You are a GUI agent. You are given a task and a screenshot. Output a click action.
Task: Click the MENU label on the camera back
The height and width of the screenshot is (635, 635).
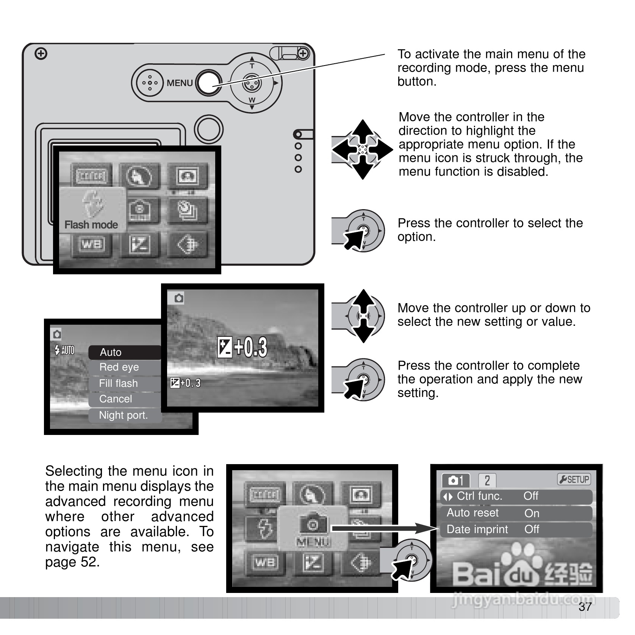(x=180, y=83)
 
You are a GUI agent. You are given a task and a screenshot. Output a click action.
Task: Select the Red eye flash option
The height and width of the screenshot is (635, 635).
(x=119, y=367)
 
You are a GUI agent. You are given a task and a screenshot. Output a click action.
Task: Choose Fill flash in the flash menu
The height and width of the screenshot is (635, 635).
(x=118, y=383)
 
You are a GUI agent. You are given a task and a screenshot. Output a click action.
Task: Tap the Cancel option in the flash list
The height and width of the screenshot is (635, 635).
(x=116, y=399)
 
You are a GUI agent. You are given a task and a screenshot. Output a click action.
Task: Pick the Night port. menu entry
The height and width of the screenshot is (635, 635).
(x=123, y=415)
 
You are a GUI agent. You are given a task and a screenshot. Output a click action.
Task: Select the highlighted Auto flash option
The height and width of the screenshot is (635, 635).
(x=111, y=352)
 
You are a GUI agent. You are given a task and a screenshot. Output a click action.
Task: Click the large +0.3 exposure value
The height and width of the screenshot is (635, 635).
(x=250, y=347)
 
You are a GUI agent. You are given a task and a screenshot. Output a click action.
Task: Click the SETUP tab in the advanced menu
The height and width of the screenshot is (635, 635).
(x=574, y=480)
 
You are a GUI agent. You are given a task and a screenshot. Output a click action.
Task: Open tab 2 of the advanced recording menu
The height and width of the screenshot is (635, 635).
(x=487, y=480)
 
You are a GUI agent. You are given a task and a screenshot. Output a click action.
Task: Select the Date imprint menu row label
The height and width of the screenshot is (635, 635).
(x=477, y=529)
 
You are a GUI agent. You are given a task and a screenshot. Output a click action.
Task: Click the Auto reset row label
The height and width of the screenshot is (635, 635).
(x=472, y=513)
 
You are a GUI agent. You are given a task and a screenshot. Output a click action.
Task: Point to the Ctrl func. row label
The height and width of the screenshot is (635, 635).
(x=479, y=496)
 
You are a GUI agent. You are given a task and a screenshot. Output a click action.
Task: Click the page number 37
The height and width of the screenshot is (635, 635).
(x=585, y=607)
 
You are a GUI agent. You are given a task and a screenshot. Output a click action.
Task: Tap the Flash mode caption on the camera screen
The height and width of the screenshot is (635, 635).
(x=91, y=225)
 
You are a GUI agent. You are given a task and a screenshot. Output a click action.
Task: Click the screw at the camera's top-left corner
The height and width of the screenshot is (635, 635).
(x=41, y=54)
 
